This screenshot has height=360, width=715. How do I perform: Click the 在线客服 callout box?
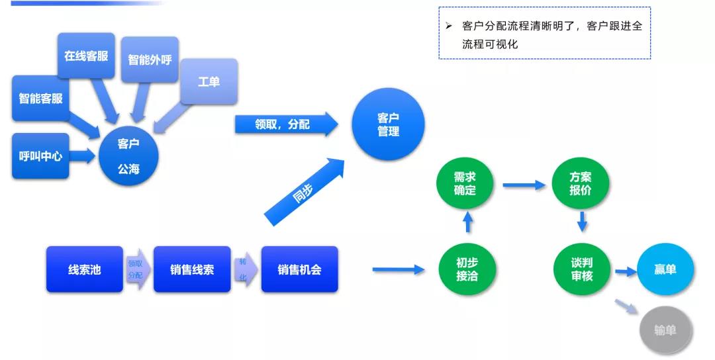point(86,56)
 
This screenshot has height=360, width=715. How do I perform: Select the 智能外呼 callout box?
point(150,59)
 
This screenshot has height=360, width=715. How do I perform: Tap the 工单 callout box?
point(209,81)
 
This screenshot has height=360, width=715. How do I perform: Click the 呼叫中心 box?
point(40,156)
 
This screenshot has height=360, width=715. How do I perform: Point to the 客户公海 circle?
point(128,156)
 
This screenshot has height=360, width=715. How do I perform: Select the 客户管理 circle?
point(388,124)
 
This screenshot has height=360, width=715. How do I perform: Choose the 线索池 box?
point(84,269)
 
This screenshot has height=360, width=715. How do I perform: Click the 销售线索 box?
point(192,269)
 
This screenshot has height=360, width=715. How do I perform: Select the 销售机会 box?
point(299,269)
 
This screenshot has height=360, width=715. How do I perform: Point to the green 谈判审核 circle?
point(582,269)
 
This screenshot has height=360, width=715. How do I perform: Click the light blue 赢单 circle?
point(665,269)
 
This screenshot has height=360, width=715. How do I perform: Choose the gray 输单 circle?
point(665,330)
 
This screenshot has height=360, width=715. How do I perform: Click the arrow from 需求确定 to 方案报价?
point(523,185)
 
